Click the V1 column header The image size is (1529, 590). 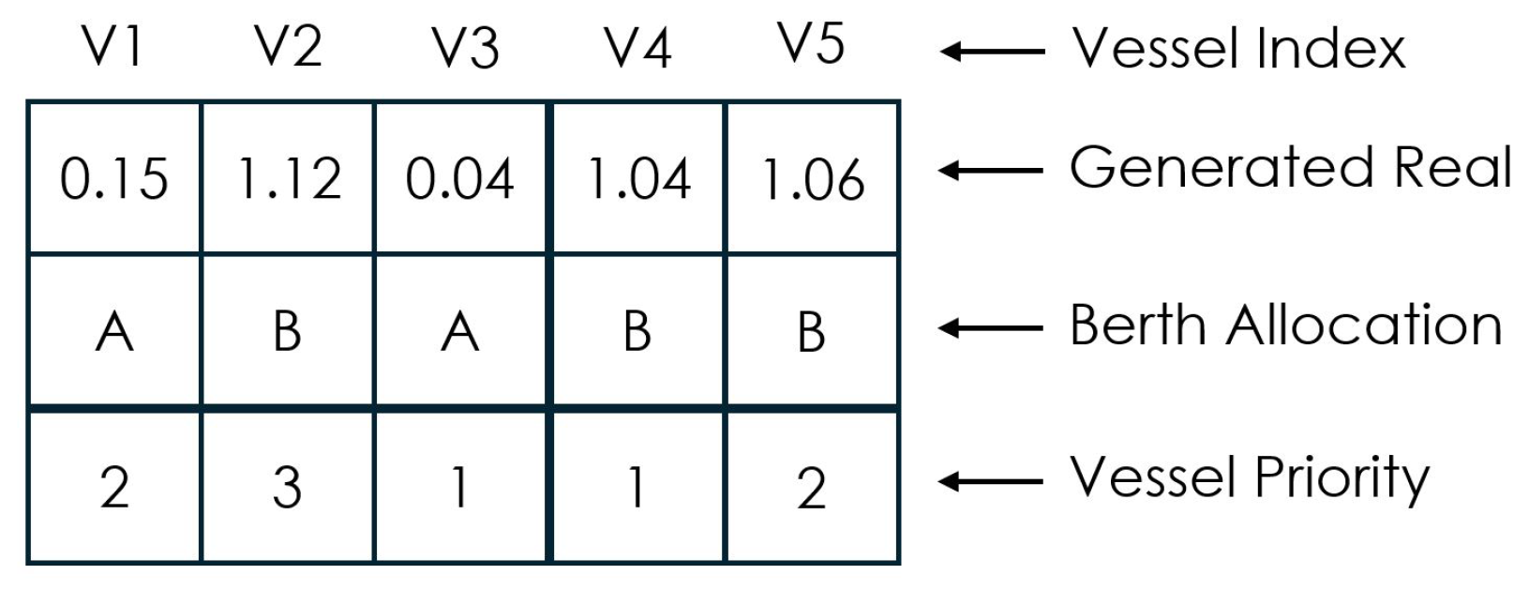pos(113,48)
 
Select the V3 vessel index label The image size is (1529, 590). pos(464,48)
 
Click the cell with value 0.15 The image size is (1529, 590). pos(113,179)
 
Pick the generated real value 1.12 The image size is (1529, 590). pos(288,179)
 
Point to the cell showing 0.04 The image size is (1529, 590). pos(460,179)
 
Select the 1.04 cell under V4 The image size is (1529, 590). pos(637,179)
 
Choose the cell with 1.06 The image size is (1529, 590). pos(812,179)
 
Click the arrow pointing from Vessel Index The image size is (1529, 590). pos(992,52)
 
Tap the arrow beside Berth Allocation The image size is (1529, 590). pos(992,328)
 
